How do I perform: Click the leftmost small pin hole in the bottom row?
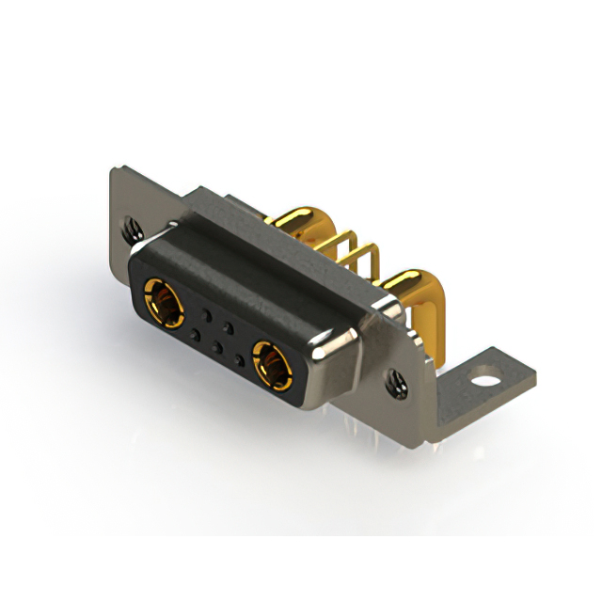[x=195, y=333]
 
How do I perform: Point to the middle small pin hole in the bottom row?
[x=216, y=346]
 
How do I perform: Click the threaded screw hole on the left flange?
[x=130, y=227]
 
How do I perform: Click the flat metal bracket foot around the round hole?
[x=508, y=376]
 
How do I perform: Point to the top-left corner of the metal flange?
[x=115, y=172]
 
